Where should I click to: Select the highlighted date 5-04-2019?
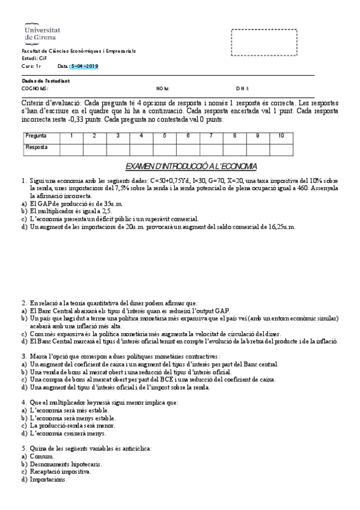pyautogui.click(x=84, y=66)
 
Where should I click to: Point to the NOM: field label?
pyautogui.click(x=162, y=88)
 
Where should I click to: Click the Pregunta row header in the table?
pyautogui.click(x=36, y=136)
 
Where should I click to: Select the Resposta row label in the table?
pyautogui.click(x=37, y=147)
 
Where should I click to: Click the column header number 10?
pyautogui.click(x=281, y=136)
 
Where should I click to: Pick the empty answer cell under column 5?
pyautogui.click(x=165, y=148)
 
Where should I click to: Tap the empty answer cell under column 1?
pyautogui.click(x=72, y=148)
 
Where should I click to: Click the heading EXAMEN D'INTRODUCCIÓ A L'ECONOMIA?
pyautogui.click(x=191, y=165)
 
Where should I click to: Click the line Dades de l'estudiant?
pyautogui.click(x=45, y=81)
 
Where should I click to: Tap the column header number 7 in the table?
pyautogui.click(x=211, y=136)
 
